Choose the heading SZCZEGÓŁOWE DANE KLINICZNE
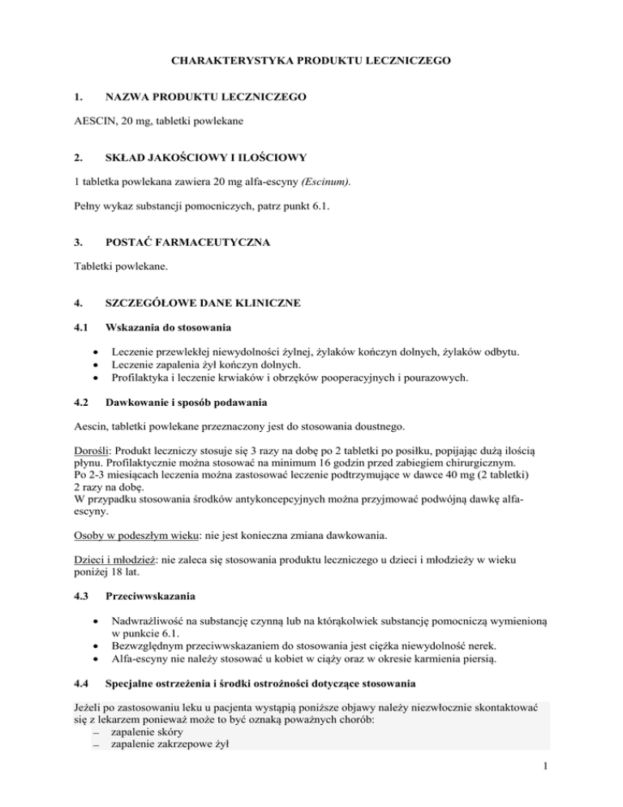(203, 304)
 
